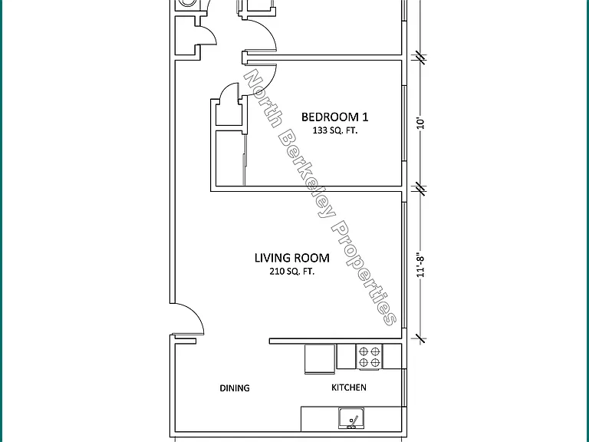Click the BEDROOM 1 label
334,117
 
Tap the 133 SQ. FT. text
335,130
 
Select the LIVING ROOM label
292,258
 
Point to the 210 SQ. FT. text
292,272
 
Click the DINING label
235,388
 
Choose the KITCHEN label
349,388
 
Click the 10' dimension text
421,124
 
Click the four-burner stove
369,357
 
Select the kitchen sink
350,418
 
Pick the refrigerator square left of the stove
320,359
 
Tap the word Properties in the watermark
364,272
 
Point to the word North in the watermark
262,97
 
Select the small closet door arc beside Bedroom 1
228,90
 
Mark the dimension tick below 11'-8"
421,338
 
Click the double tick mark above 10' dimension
421,57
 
